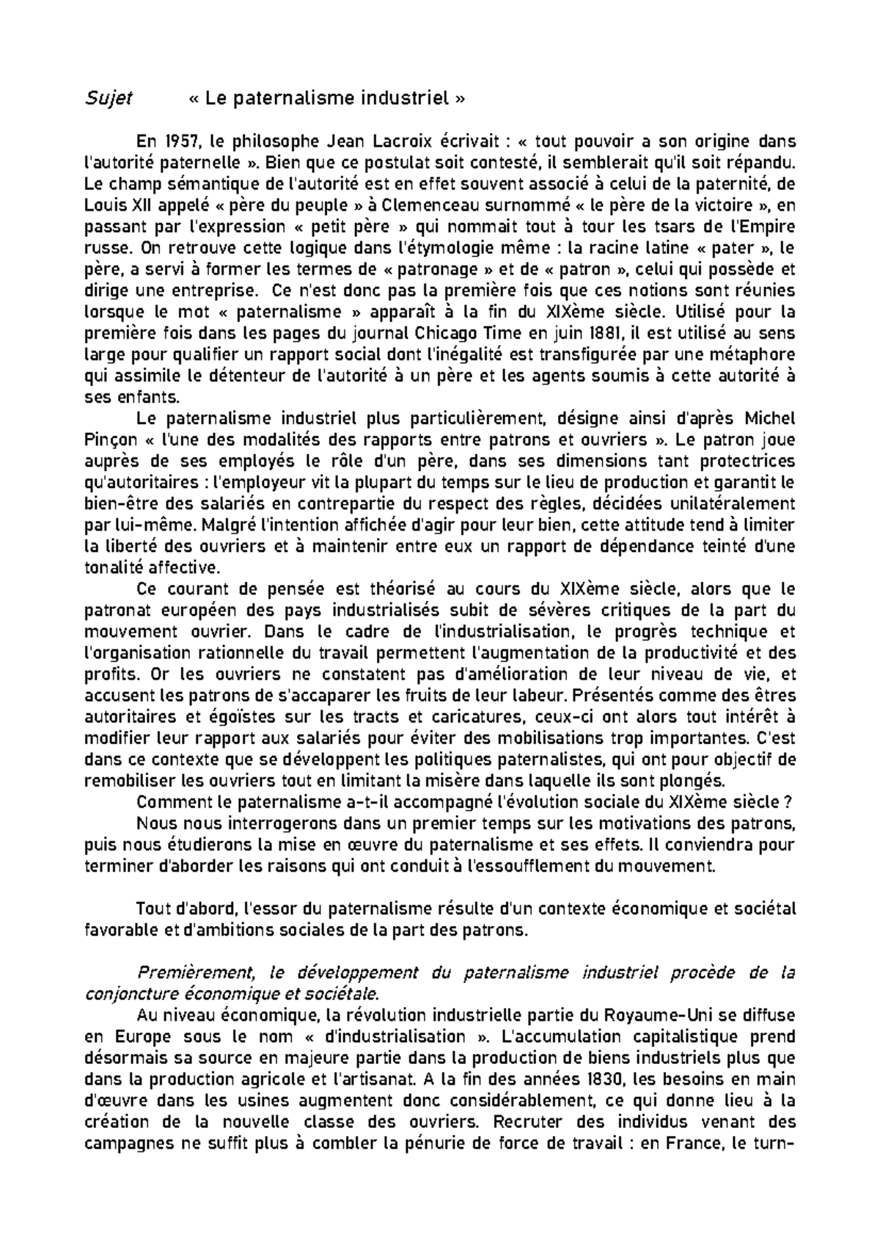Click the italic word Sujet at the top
pos(108,98)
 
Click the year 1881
pos(597,333)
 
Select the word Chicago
pos(458,333)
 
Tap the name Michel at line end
pos(770,419)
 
